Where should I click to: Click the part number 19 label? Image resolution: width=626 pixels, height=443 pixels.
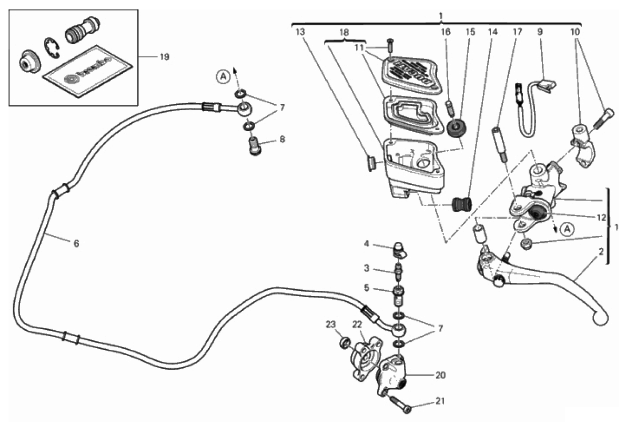(164, 57)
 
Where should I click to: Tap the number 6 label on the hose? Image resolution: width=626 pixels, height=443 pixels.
(76, 243)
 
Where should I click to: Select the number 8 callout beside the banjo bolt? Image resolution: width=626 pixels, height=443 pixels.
(282, 140)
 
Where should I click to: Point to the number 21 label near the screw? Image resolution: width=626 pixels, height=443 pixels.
(440, 401)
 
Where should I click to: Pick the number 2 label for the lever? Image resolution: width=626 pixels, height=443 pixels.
(600, 252)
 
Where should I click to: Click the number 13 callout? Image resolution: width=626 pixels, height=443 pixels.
(300, 32)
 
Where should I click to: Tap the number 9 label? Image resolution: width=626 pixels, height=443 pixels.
(540, 32)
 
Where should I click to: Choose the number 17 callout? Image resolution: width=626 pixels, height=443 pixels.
(517, 32)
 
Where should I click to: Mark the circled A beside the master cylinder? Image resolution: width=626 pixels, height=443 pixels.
(567, 229)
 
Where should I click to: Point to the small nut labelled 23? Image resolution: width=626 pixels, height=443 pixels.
(345, 343)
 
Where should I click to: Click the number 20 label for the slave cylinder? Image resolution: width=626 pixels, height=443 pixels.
(440, 375)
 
